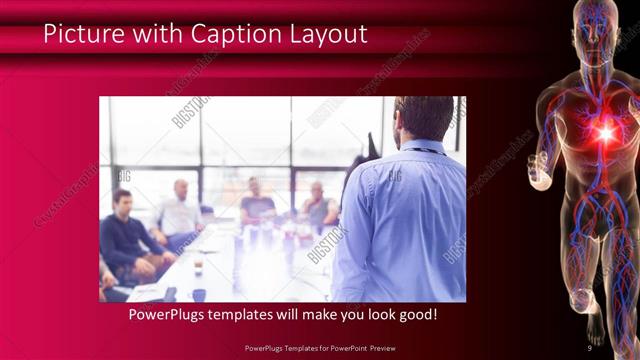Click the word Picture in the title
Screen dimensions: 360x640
[82, 34]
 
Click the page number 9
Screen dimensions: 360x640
[589, 348]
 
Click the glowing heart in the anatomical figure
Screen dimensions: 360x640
[604, 133]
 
